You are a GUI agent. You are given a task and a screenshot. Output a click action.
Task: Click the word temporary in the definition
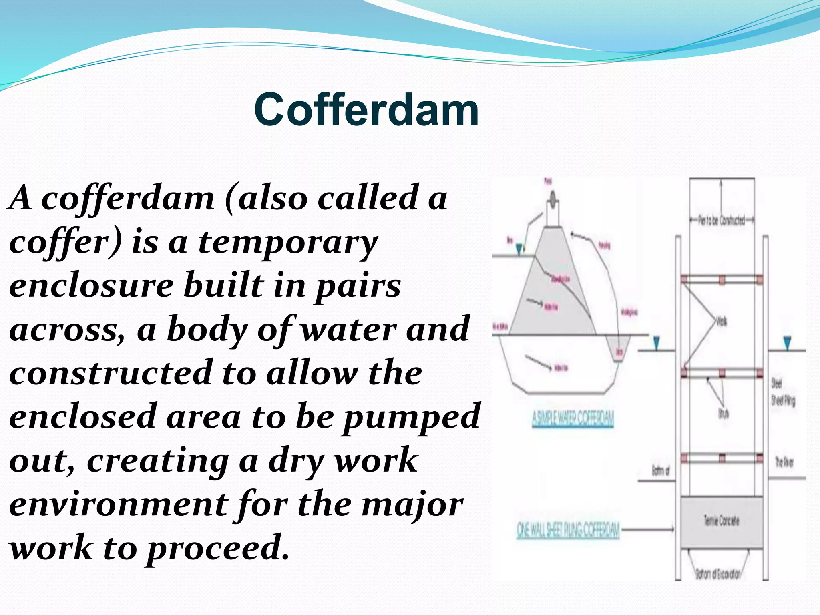pos(288,242)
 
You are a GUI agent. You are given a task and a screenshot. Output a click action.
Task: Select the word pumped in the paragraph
pos(412,416)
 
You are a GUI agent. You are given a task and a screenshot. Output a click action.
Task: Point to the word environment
pos(118,504)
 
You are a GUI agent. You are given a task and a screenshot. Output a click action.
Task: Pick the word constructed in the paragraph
pos(110,373)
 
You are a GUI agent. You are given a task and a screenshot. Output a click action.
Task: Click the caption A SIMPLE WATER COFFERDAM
pos(573,419)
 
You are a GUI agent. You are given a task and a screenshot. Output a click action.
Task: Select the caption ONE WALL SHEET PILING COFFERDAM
pos(568,530)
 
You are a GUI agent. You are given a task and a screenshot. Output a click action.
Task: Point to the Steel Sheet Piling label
pos(783,392)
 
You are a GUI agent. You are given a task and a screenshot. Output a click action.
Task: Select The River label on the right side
pos(784,462)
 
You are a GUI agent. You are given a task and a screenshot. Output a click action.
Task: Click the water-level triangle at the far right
pos(787,343)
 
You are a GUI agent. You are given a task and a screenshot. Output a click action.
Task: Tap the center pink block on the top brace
pos(722,279)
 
